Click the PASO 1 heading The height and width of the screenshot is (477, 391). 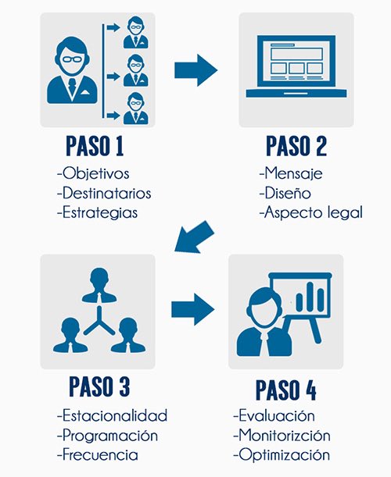coord(95,146)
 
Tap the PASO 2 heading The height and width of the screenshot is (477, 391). coord(296,146)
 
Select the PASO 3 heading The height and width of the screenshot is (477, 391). coord(99,386)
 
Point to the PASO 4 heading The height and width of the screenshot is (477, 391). coord(286,390)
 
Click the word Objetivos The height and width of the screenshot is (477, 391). coord(95,174)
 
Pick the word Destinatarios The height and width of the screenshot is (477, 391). coord(106,193)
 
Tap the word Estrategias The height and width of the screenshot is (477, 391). coord(100,213)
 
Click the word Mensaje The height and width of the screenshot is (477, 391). coord(293,174)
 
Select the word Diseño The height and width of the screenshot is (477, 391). coord(288,193)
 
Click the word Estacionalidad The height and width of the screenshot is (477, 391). coord(115,415)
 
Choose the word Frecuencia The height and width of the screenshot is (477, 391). coord(100,455)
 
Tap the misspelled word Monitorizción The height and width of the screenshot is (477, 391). coord(285,435)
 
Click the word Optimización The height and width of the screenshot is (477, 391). coord(284,455)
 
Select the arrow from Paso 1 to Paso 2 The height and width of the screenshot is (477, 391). coord(196,70)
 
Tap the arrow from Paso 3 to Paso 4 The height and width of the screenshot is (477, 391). coord(193,309)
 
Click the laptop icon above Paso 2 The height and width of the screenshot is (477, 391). coord(296,66)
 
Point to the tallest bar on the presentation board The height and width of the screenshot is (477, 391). coord(310,297)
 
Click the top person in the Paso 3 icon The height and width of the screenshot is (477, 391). coord(99,285)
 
